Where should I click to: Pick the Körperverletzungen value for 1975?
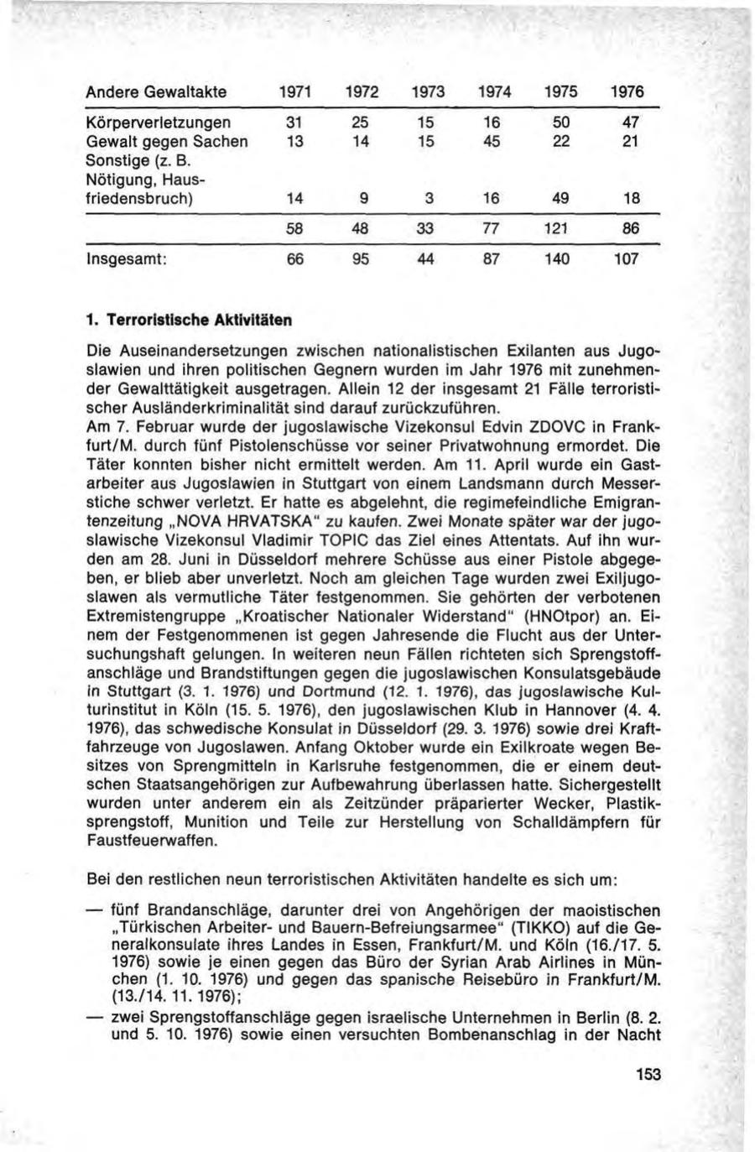pos(562,123)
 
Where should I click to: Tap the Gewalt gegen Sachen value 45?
pos(492,142)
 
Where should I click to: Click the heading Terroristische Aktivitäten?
pos(195,320)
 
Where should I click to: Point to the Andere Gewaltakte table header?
pos(157,91)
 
